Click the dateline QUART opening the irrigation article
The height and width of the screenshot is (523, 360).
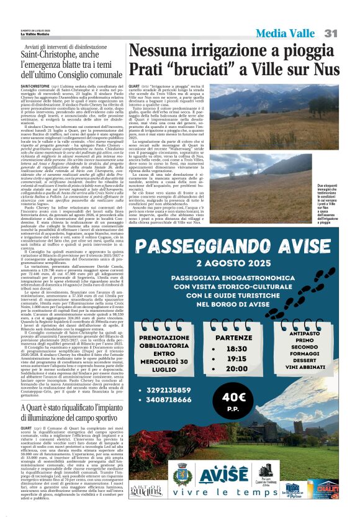coord(134,85)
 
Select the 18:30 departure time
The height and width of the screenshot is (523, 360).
coord(237,349)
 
